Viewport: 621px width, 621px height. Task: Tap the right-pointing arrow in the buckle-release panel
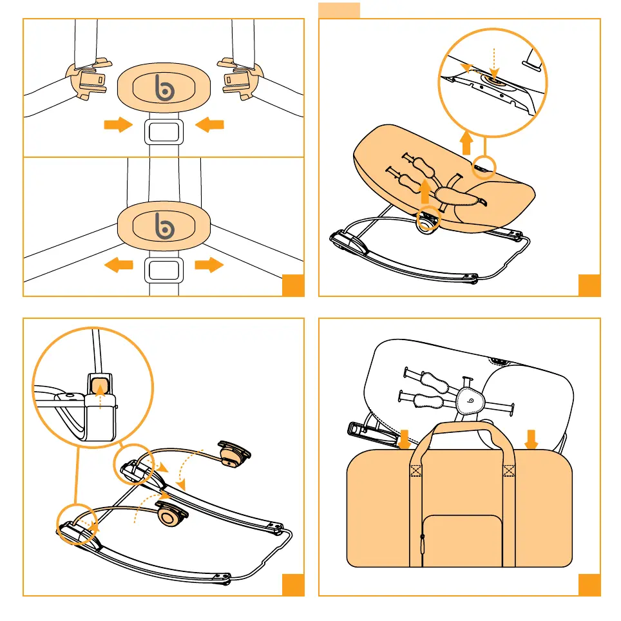click(209, 264)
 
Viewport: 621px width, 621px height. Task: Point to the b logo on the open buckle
click(164, 86)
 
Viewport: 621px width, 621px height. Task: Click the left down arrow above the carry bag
click(403, 440)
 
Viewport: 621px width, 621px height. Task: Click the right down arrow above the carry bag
click(531, 439)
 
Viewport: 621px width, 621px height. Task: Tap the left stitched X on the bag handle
click(416, 470)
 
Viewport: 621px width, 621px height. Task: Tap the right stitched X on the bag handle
click(509, 470)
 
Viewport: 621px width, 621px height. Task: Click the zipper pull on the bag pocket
click(423, 544)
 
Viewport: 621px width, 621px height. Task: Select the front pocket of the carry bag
click(463, 540)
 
